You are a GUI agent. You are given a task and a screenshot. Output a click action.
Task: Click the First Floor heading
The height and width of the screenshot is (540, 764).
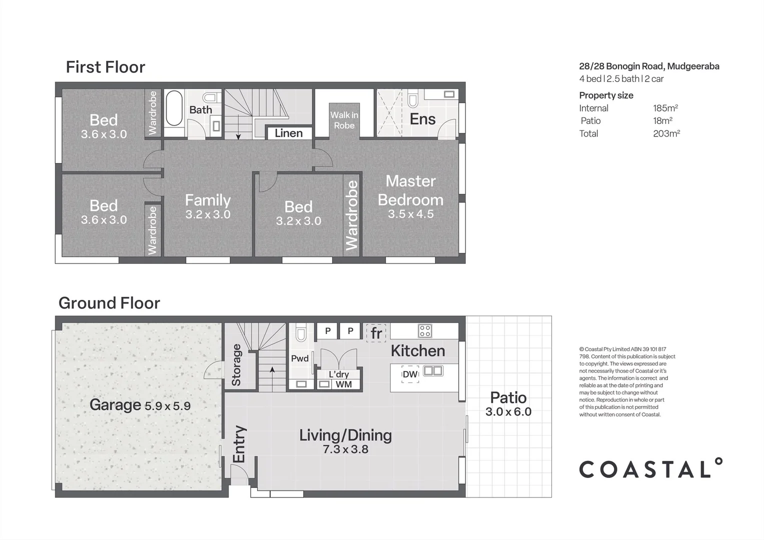coord(105,67)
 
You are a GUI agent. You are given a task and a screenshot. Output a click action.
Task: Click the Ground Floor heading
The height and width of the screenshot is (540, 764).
coord(109,303)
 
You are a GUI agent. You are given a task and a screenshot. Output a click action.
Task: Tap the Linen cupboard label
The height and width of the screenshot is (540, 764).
coord(289,133)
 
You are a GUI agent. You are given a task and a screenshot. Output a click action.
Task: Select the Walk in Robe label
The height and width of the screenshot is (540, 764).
coord(344,120)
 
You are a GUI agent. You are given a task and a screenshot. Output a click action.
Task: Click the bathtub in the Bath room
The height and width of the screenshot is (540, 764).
coord(174,108)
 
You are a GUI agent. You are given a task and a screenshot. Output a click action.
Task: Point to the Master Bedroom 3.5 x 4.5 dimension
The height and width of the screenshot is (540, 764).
coord(411,214)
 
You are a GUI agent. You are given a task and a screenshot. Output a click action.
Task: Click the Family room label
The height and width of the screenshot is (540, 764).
coord(208,200)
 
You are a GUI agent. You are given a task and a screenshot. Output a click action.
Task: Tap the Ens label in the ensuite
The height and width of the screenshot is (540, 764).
coord(422,119)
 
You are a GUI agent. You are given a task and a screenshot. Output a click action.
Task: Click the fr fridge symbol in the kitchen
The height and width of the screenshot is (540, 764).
coord(376,332)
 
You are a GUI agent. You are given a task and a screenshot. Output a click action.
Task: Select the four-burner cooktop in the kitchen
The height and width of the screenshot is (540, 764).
coord(425,330)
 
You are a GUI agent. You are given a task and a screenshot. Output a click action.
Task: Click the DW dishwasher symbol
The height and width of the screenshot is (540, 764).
coord(410,374)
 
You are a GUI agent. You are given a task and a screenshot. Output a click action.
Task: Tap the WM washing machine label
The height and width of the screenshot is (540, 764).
coord(344,384)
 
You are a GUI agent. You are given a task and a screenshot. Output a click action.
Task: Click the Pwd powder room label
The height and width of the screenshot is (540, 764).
coord(300,358)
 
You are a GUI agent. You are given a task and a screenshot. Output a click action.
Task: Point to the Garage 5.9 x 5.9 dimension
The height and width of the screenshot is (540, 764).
coord(168,405)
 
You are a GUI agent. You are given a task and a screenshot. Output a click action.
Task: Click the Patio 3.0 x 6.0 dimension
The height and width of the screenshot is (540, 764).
coord(508,412)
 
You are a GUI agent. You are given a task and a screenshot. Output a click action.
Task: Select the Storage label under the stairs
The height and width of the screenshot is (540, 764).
coord(236,365)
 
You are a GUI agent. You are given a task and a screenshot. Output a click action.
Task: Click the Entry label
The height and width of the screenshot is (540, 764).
coord(239,444)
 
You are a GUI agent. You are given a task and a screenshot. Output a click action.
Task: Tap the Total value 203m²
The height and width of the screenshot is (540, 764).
coord(666,133)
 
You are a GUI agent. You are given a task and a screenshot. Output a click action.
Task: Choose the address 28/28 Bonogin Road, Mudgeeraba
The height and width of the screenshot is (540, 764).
coord(649,66)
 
